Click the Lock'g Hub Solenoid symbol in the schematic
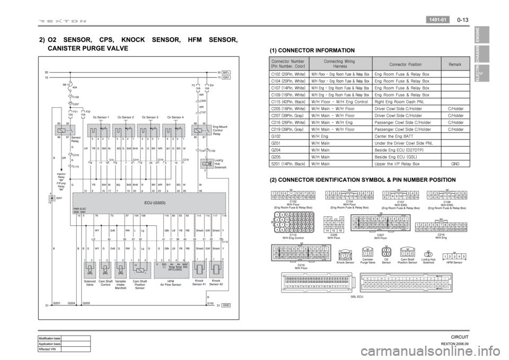point(200,163)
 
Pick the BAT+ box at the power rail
point(226,72)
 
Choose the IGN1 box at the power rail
point(226,77)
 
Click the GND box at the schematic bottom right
point(226,305)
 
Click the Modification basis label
point(49,338)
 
